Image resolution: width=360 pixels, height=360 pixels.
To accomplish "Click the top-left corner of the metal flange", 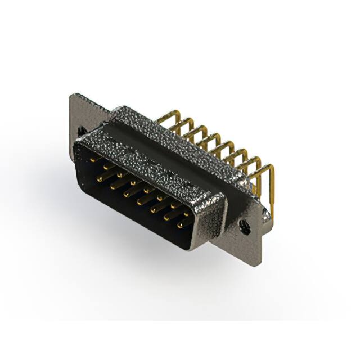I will coord(71,94).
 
